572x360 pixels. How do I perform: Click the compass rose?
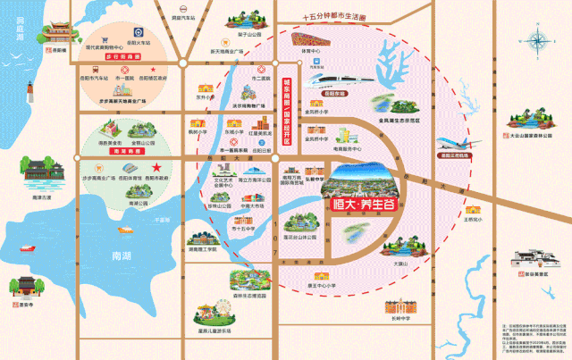[x=539, y=40]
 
